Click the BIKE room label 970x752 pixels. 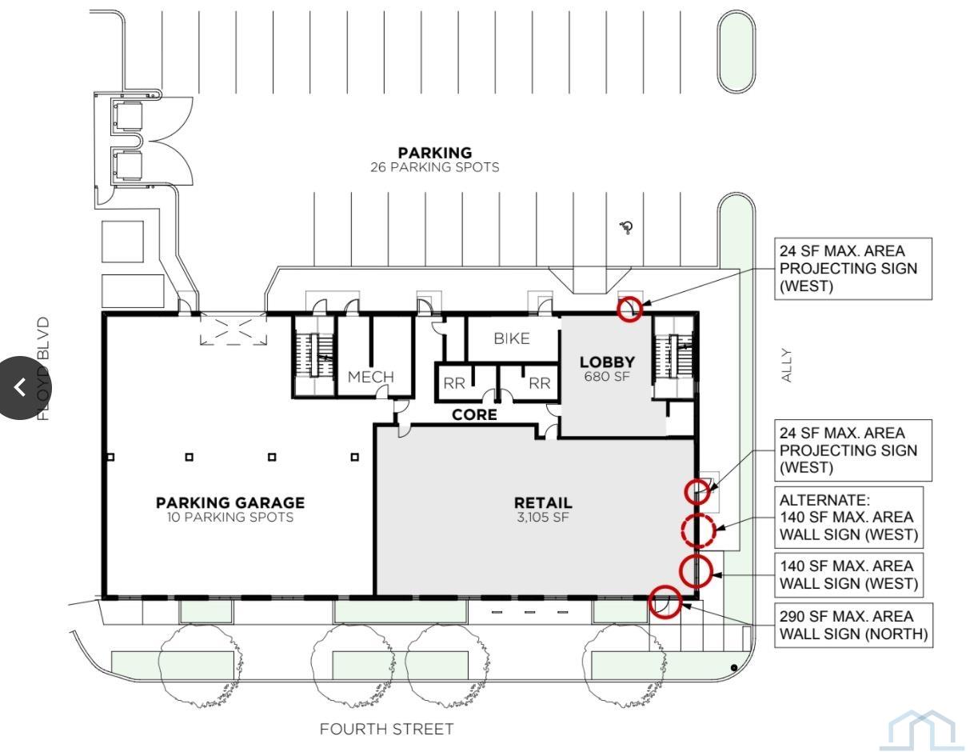coord(512,338)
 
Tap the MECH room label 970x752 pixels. coord(370,377)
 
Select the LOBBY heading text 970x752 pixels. coord(607,362)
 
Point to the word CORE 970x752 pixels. coord(474,415)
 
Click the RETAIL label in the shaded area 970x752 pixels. coord(543,503)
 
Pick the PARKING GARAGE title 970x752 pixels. coord(230,503)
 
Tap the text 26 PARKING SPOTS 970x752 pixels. coord(435,167)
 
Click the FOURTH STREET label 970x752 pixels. coord(386,730)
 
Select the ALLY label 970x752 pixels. coord(787,365)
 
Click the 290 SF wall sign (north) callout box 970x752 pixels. coord(853,625)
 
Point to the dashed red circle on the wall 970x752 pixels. coord(698,530)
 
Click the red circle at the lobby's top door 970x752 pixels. coord(629,309)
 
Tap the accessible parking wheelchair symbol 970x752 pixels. coord(627,227)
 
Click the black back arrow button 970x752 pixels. coord(20,388)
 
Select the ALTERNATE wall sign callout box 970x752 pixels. coord(848,517)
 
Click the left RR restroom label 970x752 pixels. coord(454,383)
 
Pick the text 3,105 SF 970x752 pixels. coord(543,518)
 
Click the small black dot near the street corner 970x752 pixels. coord(733,668)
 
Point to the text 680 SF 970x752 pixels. coord(607,377)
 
